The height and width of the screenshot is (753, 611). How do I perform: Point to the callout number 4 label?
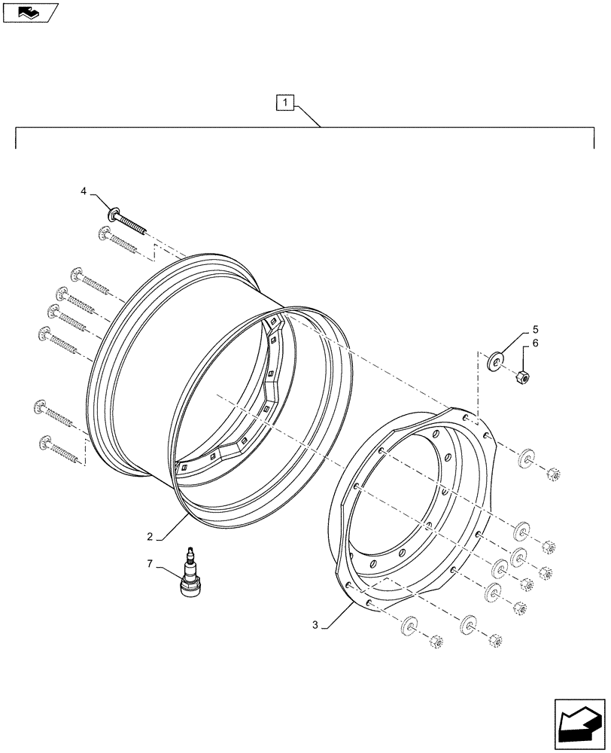pyautogui.click(x=84, y=192)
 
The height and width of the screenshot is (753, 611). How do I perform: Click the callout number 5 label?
pyautogui.click(x=536, y=329)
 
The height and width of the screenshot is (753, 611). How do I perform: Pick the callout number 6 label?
pyautogui.click(x=536, y=343)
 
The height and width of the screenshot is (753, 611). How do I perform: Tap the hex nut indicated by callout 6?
pyautogui.click(x=520, y=377)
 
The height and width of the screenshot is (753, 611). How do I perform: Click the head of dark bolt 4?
pyautogui.click(x=114, y=213)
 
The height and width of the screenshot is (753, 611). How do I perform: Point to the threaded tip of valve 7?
pyautogui.click(x=190, y=551)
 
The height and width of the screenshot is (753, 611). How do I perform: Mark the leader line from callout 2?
pyautogui.click(x=172, y=527)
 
